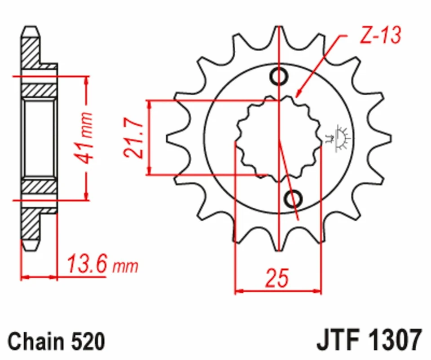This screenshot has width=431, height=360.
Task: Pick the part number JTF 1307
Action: (x=369, y=340)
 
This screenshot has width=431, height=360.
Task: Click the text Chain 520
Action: (x=56, y=341)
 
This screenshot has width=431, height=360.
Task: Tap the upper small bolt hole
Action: (x=279, y=77)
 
